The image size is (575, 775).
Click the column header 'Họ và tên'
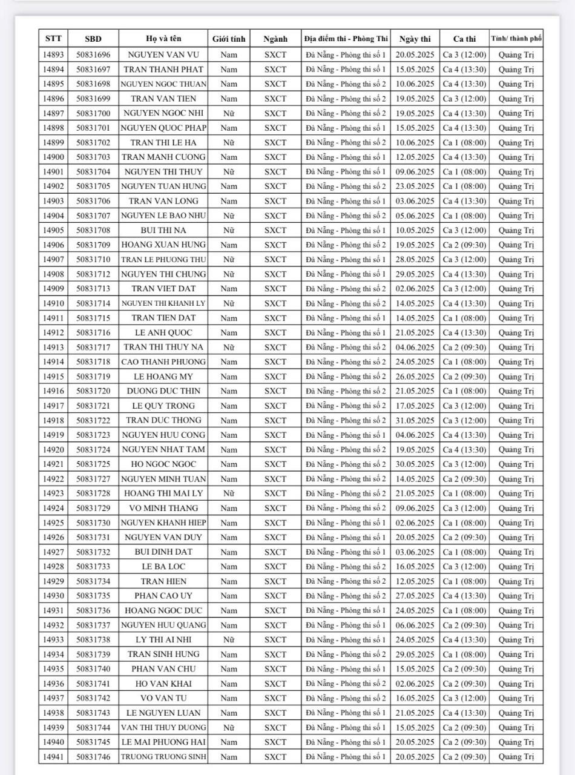[163, 39]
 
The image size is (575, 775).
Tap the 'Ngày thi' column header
[415, 39]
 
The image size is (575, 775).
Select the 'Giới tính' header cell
[229, 39]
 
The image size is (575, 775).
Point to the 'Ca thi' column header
[464, 39]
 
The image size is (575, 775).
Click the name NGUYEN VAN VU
[163, 54]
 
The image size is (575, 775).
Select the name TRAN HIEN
[163, 581]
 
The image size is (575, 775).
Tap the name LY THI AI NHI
[163, 640]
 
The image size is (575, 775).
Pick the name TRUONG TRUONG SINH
[163, 757]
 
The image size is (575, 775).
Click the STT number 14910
[53, 303]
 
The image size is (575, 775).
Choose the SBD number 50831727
[93, 479]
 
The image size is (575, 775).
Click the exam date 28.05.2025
[415, 259]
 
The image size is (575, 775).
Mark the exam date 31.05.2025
[415, 420]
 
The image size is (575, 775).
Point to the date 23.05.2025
[415, 186]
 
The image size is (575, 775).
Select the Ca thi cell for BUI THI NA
[464, 230]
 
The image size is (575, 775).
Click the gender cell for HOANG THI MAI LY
[229, 493]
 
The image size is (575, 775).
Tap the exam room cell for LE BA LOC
[346, 567]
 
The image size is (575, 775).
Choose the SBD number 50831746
[93, 757]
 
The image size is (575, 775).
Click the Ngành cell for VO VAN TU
[275, 698]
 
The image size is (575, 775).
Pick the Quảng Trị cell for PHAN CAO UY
[516, 596]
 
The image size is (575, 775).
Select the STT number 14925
[53, 523]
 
